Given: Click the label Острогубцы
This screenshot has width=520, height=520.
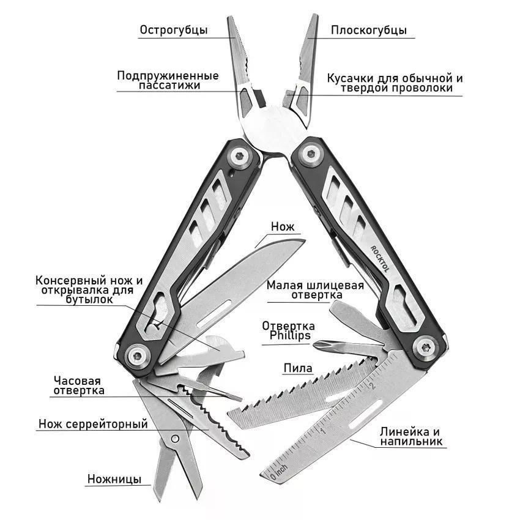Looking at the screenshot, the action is (174, 30).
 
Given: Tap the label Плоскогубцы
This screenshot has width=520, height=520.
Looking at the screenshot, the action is (368, 30).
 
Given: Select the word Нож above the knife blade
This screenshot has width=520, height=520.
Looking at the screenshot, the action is (283, 226).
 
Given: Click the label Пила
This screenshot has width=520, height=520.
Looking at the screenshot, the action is (298, 368).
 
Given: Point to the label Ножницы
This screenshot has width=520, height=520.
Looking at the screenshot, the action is (114, 479).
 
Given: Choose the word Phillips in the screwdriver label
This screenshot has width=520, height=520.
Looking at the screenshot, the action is (290, 335).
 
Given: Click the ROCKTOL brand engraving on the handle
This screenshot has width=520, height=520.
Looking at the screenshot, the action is (381, 259).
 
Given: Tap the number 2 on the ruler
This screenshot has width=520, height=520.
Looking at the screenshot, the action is (372, 385).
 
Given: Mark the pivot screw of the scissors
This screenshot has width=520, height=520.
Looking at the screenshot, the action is (175, 439).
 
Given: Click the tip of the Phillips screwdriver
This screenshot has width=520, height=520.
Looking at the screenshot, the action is (314, 345).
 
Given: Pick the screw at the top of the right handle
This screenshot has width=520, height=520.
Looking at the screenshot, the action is (311, 154).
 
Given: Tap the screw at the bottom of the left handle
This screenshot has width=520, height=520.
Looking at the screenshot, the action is (137, 357).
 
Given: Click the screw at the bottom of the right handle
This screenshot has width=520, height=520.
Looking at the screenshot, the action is (426, 347).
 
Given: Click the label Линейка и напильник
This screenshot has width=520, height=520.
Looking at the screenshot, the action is (410, 436).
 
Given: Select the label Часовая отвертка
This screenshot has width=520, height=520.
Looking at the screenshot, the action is (79, 385).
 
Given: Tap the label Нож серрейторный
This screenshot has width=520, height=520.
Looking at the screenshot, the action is (93, 424).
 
